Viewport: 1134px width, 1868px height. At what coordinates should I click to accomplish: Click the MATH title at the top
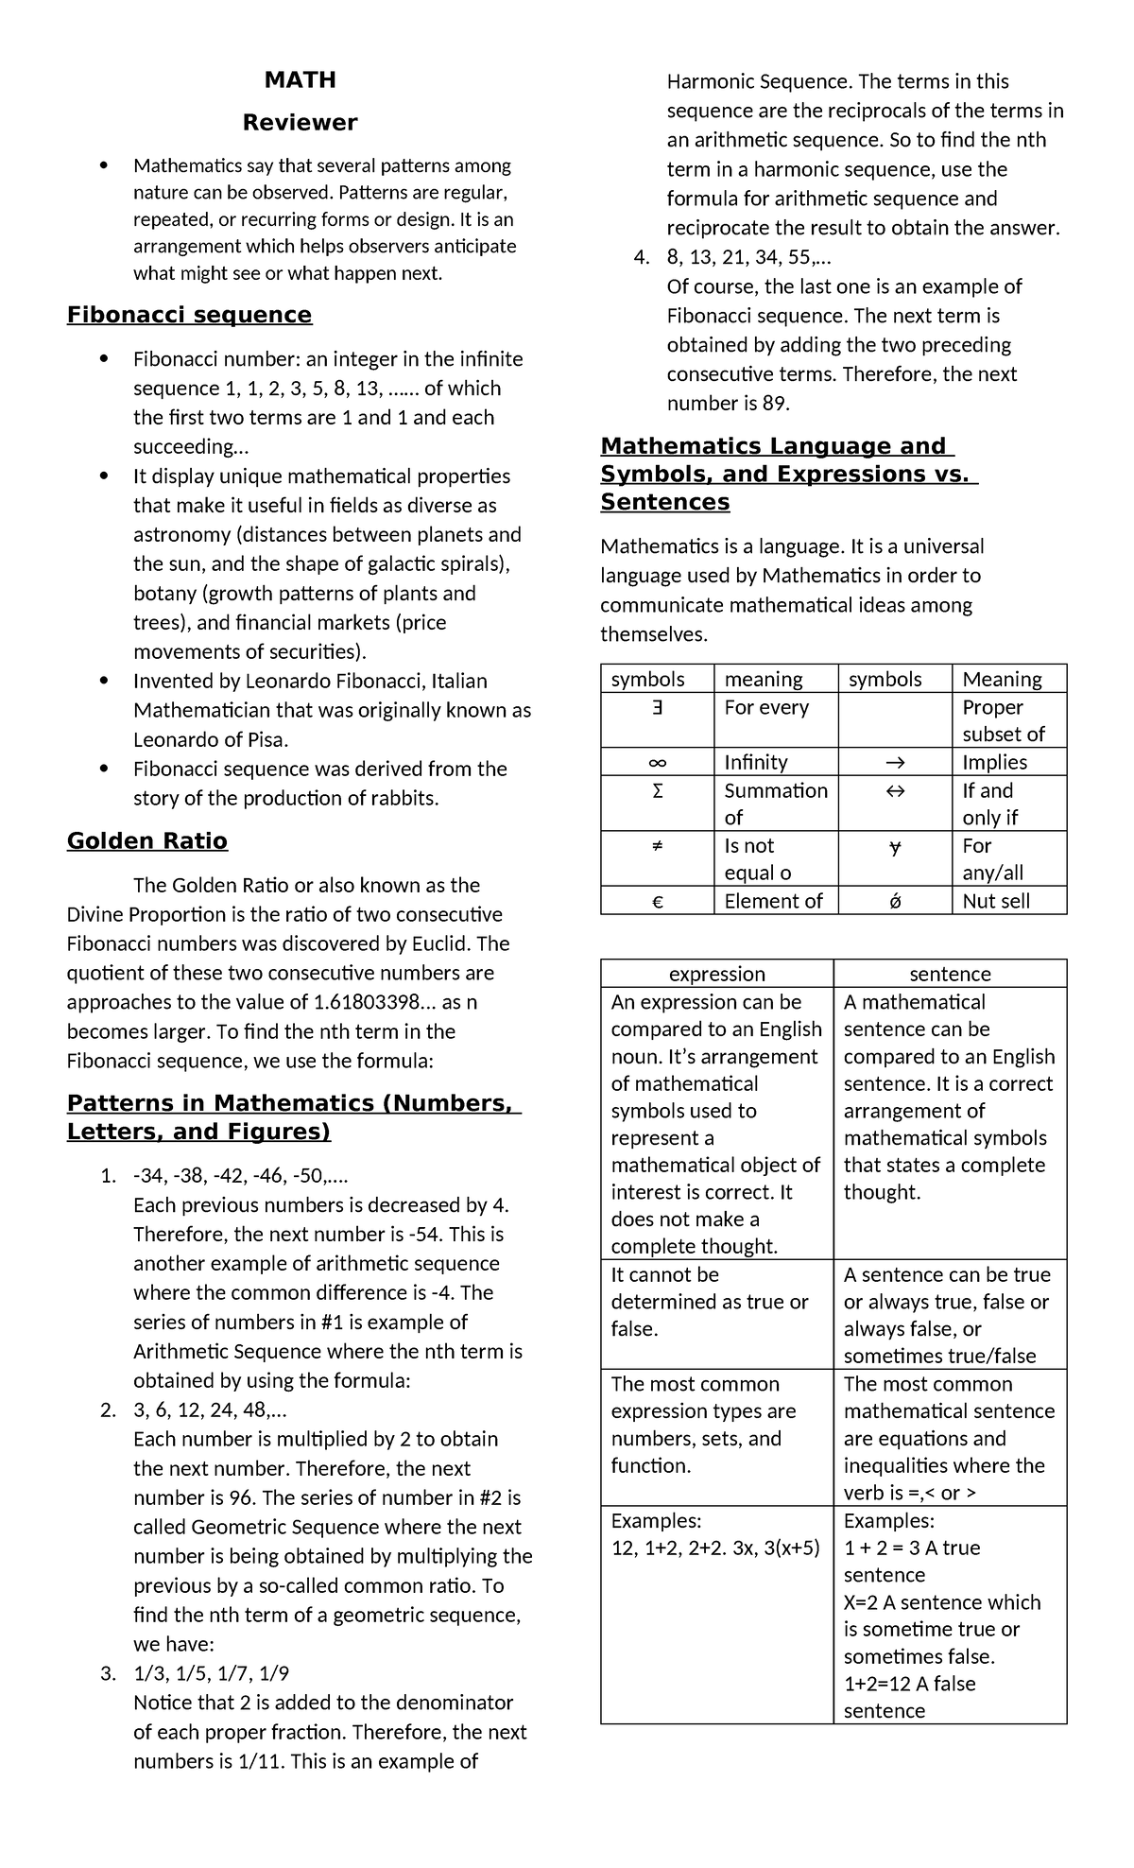[300, 80]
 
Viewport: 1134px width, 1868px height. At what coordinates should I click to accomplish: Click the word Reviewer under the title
[300, 123]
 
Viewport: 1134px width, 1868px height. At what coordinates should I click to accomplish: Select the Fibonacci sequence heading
[189, 315]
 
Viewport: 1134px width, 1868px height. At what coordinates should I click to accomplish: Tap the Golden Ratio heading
[147, 841]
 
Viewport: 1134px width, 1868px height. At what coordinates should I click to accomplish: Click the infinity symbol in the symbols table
[658, 762]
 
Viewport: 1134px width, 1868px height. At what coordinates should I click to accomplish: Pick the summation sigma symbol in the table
[658, 790]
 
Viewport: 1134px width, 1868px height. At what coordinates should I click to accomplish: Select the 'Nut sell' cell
[996, 901]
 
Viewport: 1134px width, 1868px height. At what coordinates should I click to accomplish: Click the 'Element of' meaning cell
[773, 901]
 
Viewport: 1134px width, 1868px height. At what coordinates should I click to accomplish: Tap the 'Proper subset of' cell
[1003, 720]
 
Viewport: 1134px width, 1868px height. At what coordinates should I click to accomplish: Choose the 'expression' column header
[717, 974]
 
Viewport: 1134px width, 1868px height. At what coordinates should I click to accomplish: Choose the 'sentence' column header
[950, 974]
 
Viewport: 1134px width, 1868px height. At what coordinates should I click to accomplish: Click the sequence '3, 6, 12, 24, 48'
[209, 1410]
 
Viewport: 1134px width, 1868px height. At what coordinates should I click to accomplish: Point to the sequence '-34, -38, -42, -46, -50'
[240, 1176]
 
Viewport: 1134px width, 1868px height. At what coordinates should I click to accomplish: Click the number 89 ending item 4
[774, 404]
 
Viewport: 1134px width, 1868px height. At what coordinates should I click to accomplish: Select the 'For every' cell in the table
[766, 707]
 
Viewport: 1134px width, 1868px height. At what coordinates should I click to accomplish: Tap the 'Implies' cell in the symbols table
[994, 762]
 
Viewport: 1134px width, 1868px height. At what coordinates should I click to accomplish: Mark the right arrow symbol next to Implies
[895, 762]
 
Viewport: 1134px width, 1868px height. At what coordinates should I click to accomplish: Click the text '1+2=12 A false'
[909, 1684]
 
